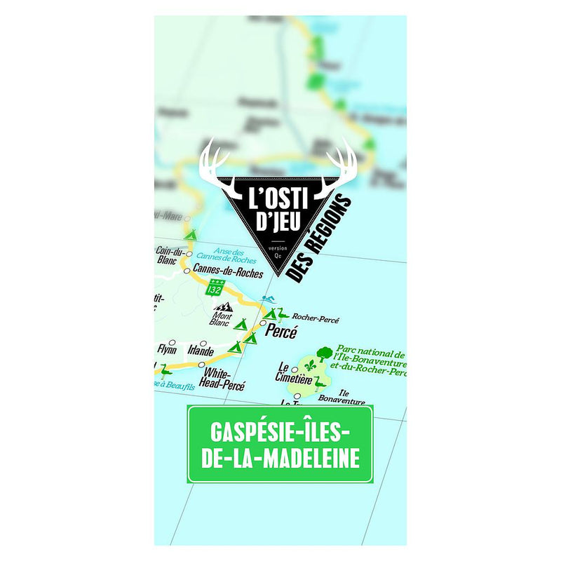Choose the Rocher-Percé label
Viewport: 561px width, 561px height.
316,319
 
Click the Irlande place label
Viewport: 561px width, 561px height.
201,351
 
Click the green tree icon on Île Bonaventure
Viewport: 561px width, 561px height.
323,353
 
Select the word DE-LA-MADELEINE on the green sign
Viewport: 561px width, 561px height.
280,460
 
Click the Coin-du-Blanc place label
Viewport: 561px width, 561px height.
170,256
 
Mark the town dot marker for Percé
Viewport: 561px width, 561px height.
272,323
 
